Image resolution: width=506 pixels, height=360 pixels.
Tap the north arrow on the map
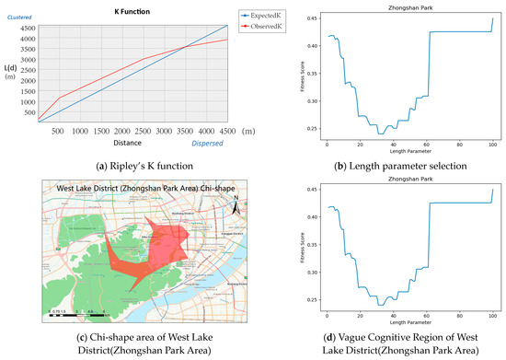tap(236, 206)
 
